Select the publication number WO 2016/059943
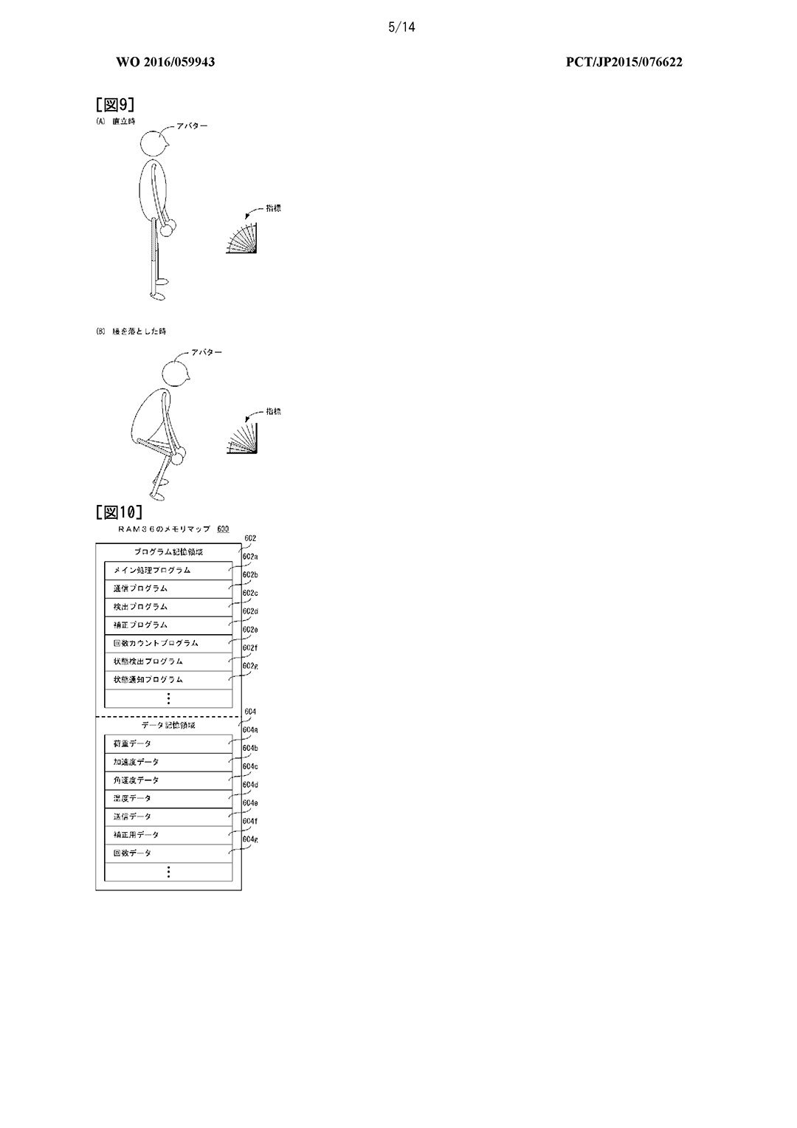coord(165,62)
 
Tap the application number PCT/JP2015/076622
coord(624,62)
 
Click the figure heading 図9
coord(115,104)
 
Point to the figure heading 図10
coord(119,512)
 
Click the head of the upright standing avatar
coord(156,142)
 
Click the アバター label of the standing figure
coord(192,125)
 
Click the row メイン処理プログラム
coord(168,571)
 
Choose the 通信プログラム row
coord(168,589)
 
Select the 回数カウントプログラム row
coord(168,644)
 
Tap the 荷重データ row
coord(168,744)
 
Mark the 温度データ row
coord(168,799)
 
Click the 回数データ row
coord(168,853)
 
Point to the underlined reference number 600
coord(223,529)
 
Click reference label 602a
coord(250,557)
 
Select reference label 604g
coord(250,839)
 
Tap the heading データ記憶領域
coord(168,726)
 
